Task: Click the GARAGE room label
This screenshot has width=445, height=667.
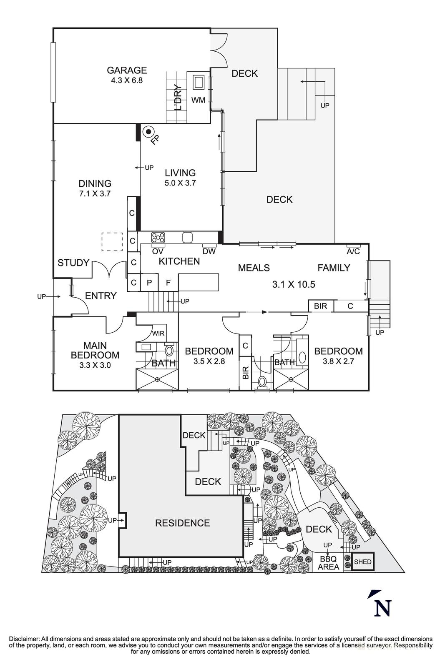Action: pos(126,70)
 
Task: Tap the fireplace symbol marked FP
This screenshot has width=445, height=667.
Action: pos(148,132)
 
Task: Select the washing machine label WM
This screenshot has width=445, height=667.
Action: pos(198,100)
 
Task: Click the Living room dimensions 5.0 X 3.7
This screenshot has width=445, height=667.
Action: pos(180,183)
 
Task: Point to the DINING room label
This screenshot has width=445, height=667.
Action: pos(95,183)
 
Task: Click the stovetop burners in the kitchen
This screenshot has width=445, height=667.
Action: pos(158,238)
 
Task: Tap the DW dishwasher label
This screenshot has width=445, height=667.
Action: pos(209,251)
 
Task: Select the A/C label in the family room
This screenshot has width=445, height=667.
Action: pos(353,252)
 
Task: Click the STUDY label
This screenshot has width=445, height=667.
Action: pos(73,263)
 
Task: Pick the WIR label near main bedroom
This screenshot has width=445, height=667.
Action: pos(158,333)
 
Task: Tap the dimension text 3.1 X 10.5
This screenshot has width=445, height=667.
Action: pos(293,285)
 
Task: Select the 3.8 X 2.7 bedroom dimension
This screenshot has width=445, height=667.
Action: pos(338,361)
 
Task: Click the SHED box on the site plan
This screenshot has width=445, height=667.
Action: pos(362,562)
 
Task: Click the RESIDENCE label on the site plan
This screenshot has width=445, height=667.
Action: pos(182,523)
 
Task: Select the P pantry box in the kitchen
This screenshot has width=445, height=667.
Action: pos(149,282)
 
